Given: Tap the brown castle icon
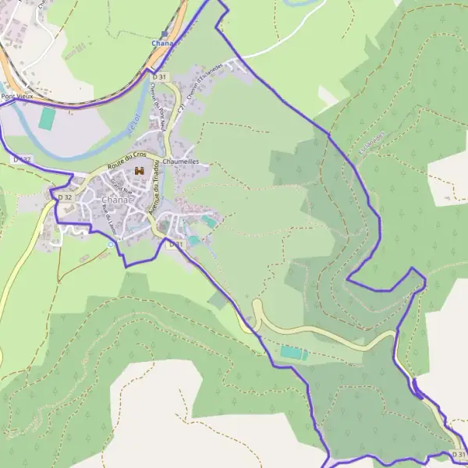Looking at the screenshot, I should (x=140, y=170).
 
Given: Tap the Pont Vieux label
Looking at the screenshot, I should (x=18, y=97).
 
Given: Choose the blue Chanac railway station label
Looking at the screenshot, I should (x=164, y=44).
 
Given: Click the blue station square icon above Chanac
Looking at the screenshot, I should (x=164, y=34).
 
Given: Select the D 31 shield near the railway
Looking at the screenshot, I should (x=159, y=76).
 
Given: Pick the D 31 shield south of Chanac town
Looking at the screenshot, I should (x=176, y=244).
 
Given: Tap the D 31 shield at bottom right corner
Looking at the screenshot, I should (x=459, y=454).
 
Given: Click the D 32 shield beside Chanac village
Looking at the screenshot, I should (x=65, y=197).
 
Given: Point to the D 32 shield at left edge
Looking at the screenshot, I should (x=22, y=159).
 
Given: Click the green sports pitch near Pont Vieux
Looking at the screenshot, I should (x=48, y=119).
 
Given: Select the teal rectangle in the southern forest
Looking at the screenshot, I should (x=294, y=353).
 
